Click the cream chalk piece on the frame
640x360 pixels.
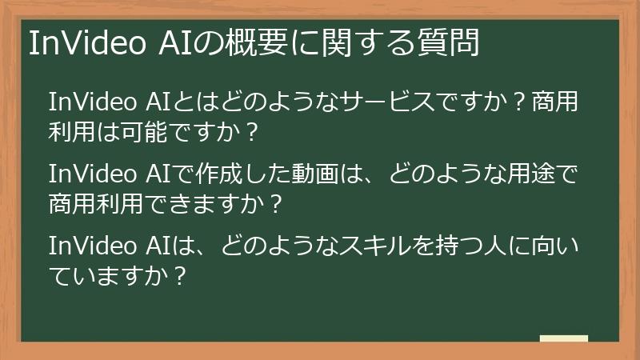click(563, 339)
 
